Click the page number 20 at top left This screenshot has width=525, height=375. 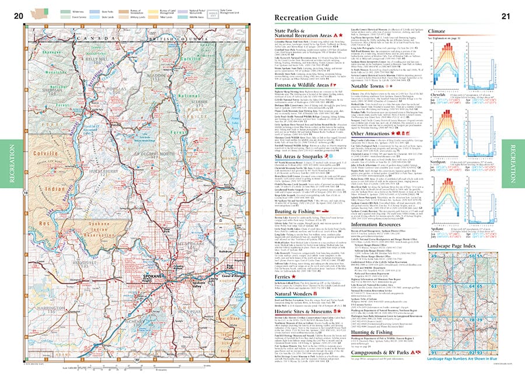[x=17, y=16]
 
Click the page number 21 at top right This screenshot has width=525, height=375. [x=505, y=16]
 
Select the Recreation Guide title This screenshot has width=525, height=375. [x=306, y=17]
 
